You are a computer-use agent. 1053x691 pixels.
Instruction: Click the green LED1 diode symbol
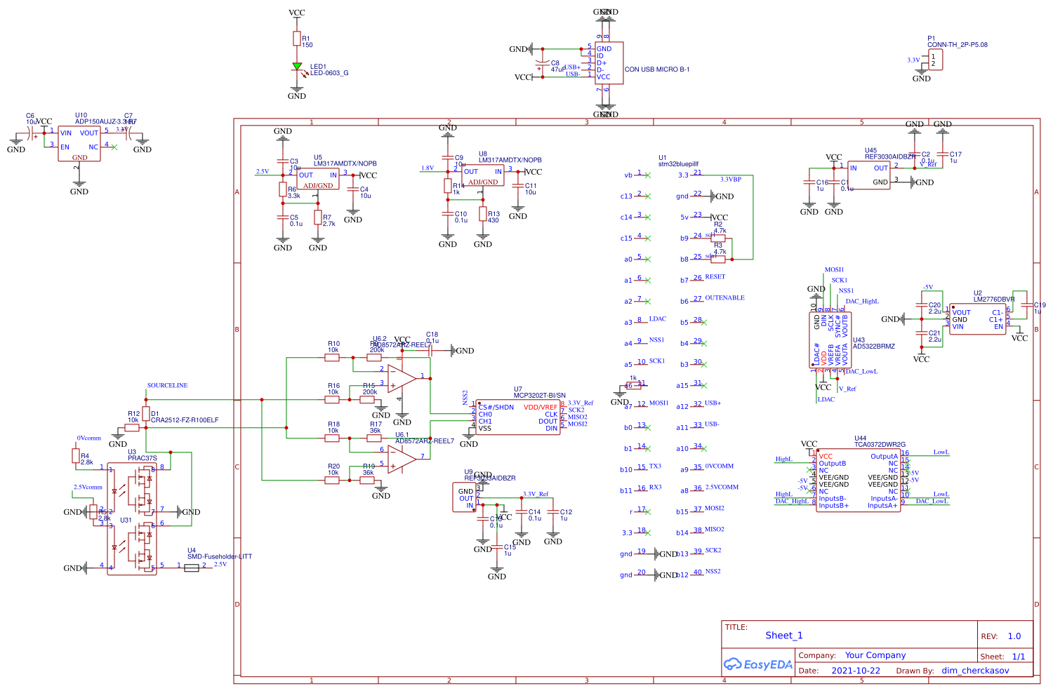297,67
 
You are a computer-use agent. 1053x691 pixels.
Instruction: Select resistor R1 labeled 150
297,39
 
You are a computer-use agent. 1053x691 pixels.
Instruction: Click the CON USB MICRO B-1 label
657,69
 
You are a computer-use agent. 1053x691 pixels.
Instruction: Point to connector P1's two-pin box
935,60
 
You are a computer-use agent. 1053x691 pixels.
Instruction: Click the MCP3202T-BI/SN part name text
539,396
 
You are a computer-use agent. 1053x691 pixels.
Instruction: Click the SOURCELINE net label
167,385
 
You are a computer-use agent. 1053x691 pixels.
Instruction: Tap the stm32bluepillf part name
678,164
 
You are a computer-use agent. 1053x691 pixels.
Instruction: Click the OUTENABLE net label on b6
724,297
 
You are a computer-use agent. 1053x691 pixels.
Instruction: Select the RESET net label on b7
715,276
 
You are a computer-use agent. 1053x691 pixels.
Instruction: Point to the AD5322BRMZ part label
873,346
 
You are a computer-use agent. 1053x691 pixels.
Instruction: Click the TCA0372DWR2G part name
880,444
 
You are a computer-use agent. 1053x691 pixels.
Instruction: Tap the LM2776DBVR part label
994,300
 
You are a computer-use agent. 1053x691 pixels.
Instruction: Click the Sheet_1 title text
783,636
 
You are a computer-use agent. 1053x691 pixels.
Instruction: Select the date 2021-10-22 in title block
855,671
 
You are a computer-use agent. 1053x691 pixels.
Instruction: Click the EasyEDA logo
758,664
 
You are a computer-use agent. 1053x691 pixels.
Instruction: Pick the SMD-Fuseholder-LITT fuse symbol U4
191,568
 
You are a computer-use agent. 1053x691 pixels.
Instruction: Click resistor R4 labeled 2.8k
76,456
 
